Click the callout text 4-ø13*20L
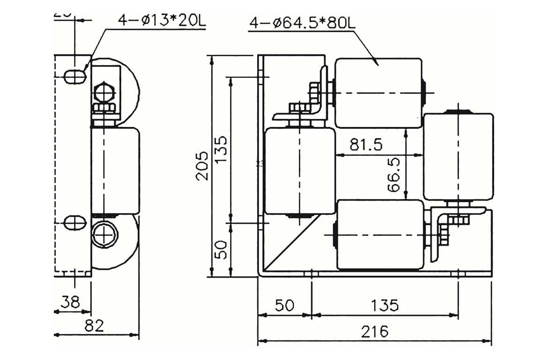coord(162,21)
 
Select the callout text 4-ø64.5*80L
coord(302,23)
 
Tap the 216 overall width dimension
coord(374,331)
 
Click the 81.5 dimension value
coord(366,145)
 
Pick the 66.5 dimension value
coord(394,175)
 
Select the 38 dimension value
coord(70,302)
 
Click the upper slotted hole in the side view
coord(74,76)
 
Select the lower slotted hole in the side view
coord(74,222)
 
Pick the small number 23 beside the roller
coord(260,164)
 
